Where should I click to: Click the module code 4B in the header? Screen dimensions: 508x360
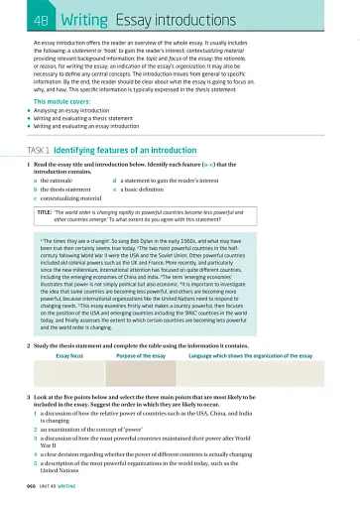41,19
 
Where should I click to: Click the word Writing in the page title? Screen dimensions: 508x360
84,19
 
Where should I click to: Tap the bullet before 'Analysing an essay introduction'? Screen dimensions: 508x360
30,111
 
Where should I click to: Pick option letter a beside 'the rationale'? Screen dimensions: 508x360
36,181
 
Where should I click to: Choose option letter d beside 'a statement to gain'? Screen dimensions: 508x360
116,181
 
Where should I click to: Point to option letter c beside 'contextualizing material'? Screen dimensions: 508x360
36,198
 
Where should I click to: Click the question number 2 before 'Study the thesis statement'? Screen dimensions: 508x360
29,344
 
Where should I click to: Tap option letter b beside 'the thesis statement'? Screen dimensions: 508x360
36,190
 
